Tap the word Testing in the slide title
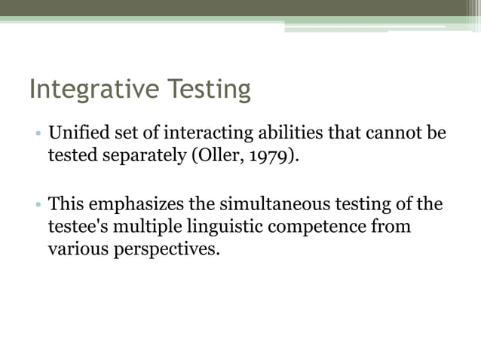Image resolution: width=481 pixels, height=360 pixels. [x=205, y=90]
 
